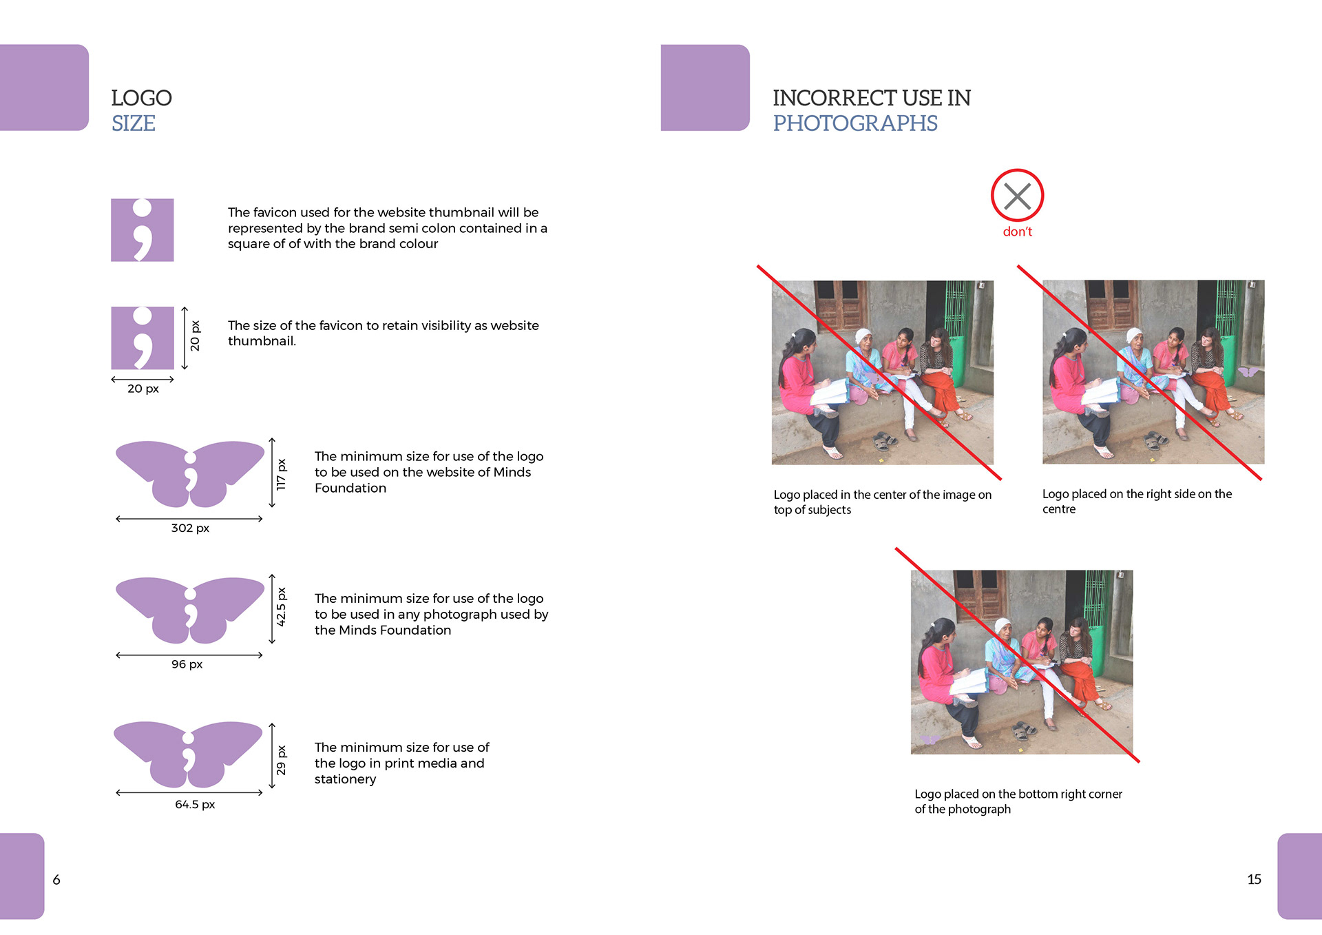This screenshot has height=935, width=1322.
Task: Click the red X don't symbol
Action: (x=1017, y=196)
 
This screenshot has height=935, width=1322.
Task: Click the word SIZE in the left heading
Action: (x=134, y=123)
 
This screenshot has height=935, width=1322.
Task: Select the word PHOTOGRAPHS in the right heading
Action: (x=855, y=123)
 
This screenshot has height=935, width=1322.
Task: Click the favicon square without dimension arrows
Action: (x=143, y=230)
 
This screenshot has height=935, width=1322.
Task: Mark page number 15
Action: (x=1254, y=879)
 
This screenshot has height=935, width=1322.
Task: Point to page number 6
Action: (x=56, y=880)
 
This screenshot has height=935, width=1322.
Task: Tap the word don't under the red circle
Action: (x=1017, y=232)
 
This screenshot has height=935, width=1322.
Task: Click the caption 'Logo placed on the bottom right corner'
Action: (x=1018, y=794)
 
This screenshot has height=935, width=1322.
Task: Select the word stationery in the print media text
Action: (x=346, y=779)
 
